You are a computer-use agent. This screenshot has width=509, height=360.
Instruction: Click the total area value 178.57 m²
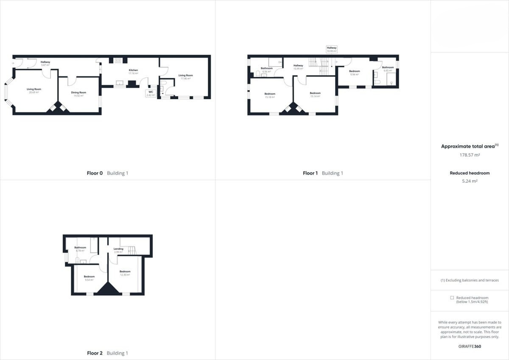pos(470,155)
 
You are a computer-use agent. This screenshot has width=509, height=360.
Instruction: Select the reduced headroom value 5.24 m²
pos(470,181)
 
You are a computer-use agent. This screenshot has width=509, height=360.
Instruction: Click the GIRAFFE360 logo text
pos(470,346)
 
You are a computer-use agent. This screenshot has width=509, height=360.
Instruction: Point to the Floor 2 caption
pos(95,353)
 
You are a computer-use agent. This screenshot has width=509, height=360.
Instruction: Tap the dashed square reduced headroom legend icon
pos(452,298)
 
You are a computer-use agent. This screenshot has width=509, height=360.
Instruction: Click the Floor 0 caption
pos(95,173)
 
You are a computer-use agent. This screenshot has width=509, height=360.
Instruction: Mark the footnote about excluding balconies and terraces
pos(470,280)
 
